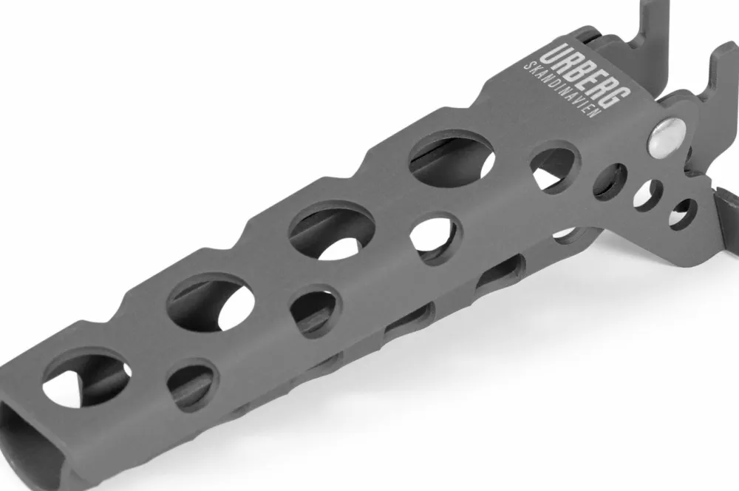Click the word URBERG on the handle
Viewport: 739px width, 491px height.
pyautogui.click(x=585, y=76)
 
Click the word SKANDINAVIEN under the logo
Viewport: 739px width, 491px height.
pyautogui.click(x=563, y=89)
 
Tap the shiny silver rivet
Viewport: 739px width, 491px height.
pyautogui.click(x=667, y=138)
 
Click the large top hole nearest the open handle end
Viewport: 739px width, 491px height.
pyautogui.click(x=86, y=378)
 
